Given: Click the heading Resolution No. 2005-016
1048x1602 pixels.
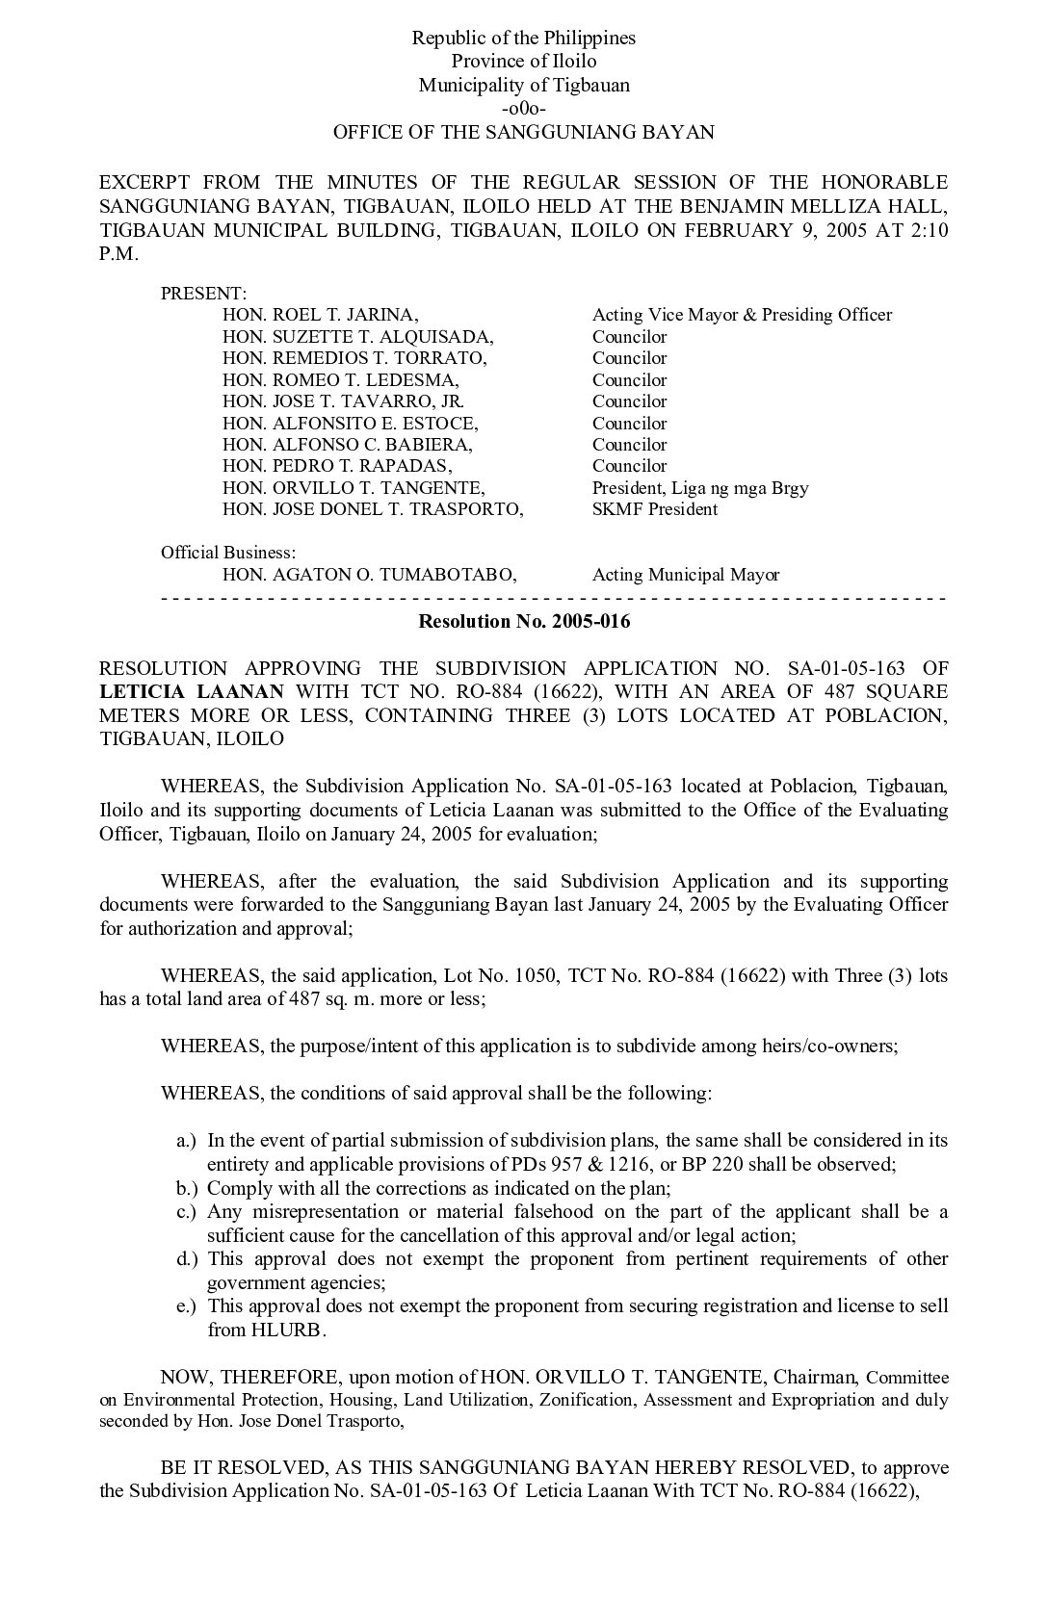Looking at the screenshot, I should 524,621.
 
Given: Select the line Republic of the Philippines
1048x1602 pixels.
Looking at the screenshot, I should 524,39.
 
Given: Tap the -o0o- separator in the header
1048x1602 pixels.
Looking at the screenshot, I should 524,108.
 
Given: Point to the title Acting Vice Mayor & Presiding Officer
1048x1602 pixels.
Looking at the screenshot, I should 742,315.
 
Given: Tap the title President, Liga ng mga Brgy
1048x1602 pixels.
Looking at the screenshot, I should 700,488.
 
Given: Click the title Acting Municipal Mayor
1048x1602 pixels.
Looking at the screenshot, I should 686,575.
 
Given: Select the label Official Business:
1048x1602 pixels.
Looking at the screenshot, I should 227,553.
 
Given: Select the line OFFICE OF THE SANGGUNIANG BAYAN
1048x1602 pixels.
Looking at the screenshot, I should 524,132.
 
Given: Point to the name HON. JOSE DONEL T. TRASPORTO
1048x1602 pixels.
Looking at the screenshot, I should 373,509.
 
